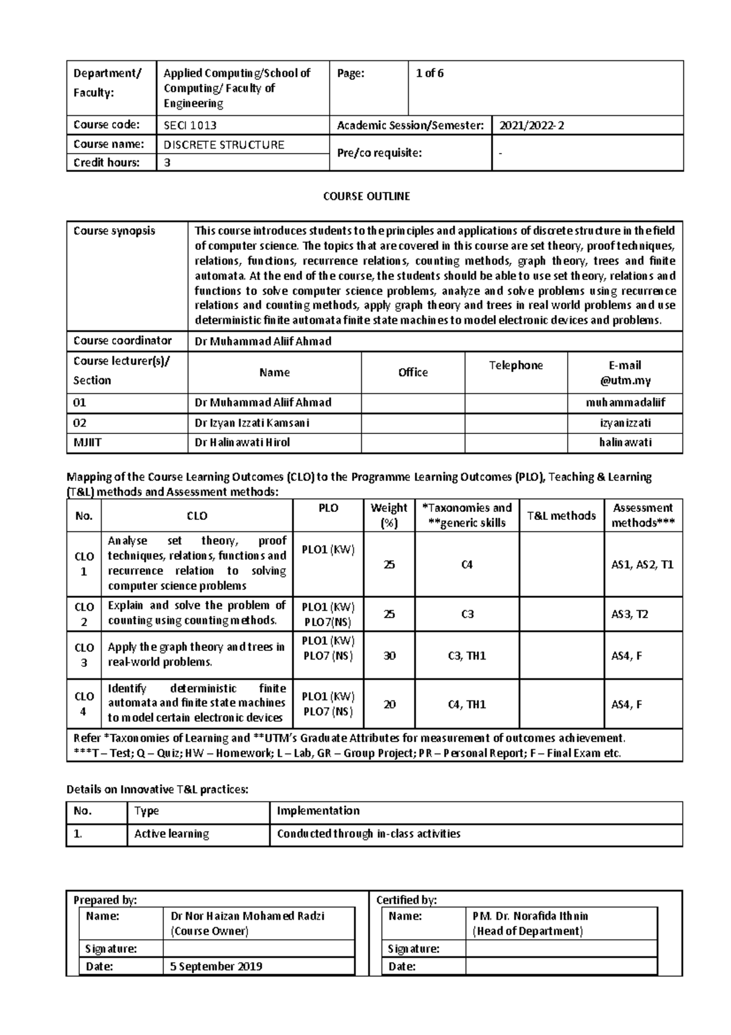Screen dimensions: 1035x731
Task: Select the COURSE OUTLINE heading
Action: (366, 196)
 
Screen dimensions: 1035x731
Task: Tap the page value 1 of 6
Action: (429, 74)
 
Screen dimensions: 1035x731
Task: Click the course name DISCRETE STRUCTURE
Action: (224, 145)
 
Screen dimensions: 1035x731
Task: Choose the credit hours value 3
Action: (167, 163)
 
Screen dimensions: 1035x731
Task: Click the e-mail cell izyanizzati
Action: (625, 423)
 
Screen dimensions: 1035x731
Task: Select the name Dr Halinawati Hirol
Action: (242, 443)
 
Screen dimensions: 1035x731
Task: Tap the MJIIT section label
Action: (88, 443)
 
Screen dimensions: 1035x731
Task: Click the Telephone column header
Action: (515, 365)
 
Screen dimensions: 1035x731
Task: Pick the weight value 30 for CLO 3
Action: (389, 656)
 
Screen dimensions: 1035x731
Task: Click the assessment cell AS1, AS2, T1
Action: (642, 564)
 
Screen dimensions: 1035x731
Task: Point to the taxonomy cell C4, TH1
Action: (467, 705)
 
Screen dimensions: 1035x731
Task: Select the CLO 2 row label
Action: (84, 614)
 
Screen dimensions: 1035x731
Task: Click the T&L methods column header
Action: (561, 516)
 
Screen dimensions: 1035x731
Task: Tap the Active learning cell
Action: (171, 834)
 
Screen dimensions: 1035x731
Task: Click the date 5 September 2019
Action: (216, 967)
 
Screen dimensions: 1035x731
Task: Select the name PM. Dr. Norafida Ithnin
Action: (530, 916)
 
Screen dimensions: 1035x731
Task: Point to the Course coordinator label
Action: (122, 341)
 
